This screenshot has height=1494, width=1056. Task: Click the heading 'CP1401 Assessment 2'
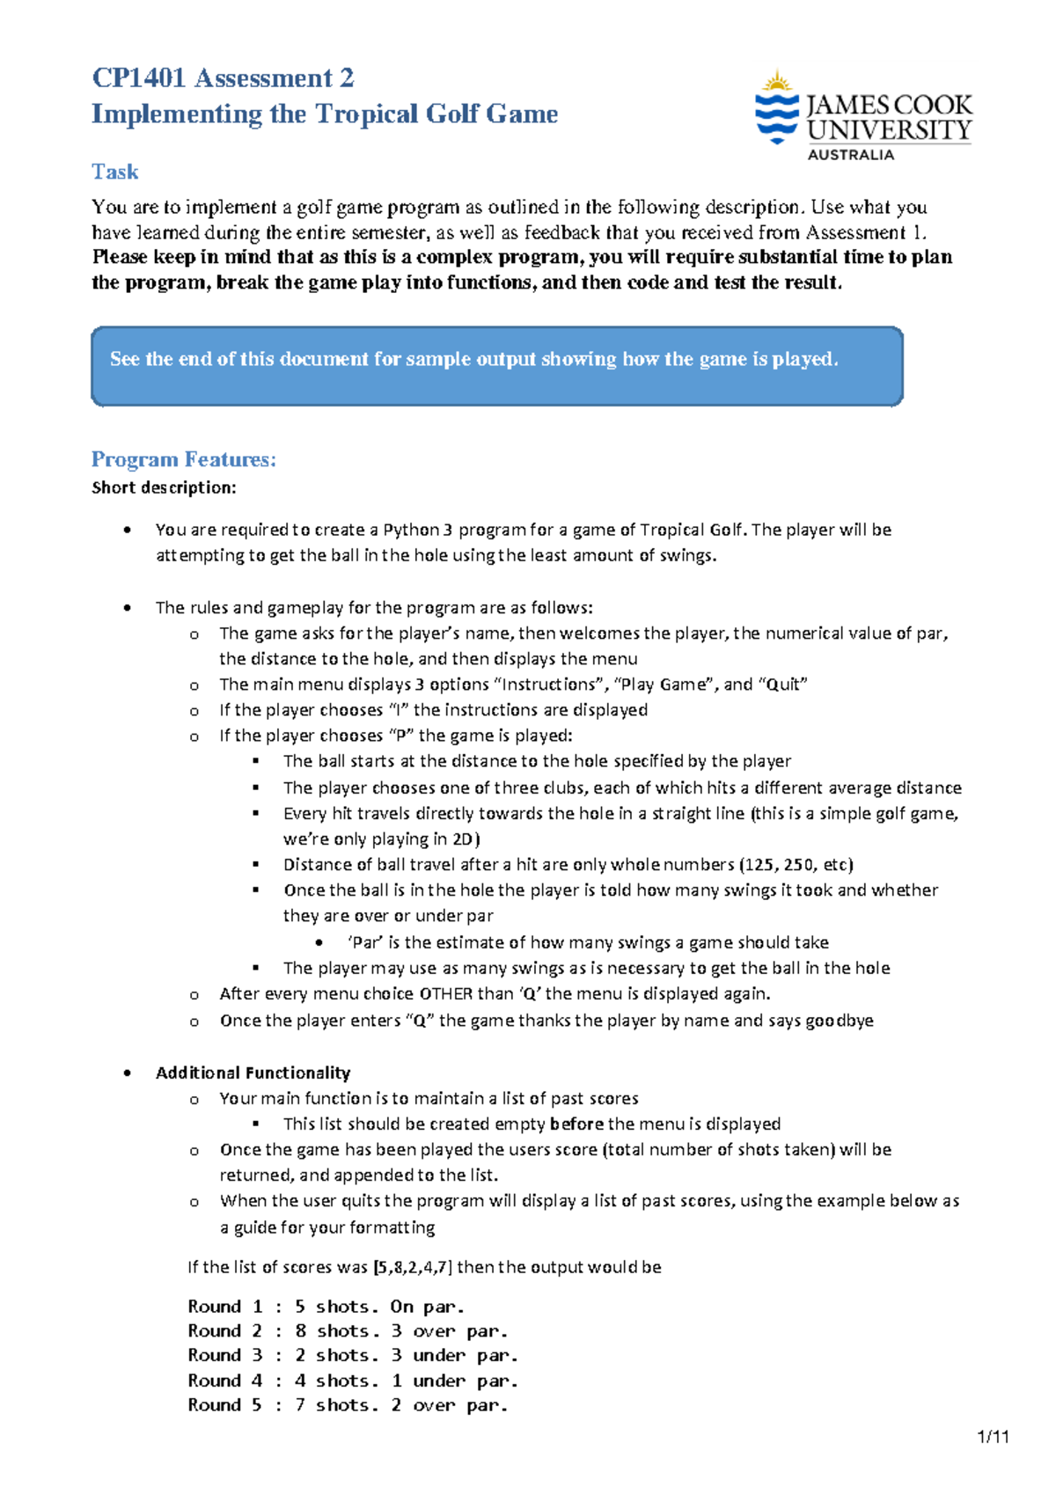(223, 78)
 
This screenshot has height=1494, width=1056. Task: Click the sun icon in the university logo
(776, 83)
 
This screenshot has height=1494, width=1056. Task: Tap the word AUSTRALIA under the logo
(850, 155)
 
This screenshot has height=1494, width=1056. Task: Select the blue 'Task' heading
(115, 172)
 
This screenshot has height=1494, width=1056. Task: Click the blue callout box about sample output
(497, 366)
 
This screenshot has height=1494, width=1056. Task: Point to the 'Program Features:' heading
(184, 459)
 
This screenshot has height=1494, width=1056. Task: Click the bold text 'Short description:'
(164, 487)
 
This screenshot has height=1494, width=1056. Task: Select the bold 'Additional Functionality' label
(253, 1073)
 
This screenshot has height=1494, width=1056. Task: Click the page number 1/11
(993, 1437)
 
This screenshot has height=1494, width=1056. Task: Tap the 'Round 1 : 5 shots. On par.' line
(326, 1307)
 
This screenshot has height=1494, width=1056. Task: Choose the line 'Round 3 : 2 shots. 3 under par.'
(352, 1356)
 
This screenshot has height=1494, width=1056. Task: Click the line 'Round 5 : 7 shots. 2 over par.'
(348, 1405)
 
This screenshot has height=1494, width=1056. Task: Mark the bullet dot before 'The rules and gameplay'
(128, 607)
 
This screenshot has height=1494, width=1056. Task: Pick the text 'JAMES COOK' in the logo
(889, 106)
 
